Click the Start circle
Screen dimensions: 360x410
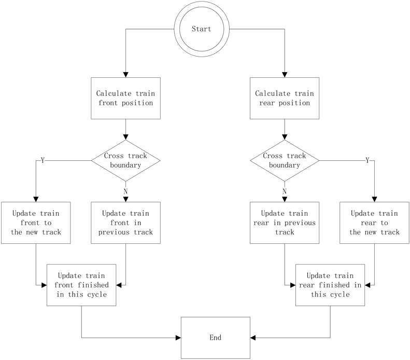click(202, 30)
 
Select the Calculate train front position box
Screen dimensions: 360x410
click(125, 98)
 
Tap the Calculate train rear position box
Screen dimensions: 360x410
click(284, 98)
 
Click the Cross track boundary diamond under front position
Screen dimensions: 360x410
click(125, 160)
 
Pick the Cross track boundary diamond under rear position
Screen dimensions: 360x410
click(284, 160)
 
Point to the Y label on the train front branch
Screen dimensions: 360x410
click(43, 160)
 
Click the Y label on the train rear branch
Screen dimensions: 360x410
click(367, 160)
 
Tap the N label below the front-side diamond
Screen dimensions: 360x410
click(125, 192)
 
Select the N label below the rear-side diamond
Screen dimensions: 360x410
click(284, 192)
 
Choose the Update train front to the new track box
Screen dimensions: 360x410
click(36, 223)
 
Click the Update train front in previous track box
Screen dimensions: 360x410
click(125, 223)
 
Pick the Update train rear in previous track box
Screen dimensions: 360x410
click(284, 223)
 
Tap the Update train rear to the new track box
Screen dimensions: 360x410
click(374, 223)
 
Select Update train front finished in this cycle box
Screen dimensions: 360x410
click(81, 285)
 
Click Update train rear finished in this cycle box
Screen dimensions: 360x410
click(330, 285)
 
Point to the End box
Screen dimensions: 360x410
click(215, 338)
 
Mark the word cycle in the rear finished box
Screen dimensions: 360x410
click(339, 294)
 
